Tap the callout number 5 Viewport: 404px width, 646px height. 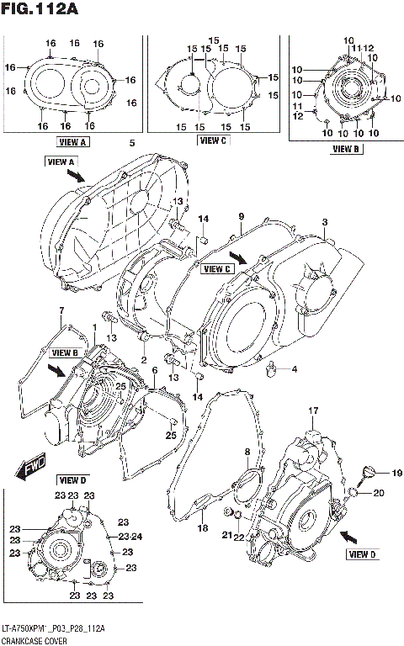pyautogui.click(x=132, y=142)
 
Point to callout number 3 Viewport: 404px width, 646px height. pyautogui.click(x=323, y=222)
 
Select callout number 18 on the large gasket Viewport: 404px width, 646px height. pyautogui.click(x=202, y=527)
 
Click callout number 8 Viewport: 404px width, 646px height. pyautogui.click(x=247, y=453)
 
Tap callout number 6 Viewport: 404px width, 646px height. pyautogui.click(x=154, y=370)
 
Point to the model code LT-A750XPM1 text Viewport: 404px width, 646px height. pyautogui.click(x=29, y=628)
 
